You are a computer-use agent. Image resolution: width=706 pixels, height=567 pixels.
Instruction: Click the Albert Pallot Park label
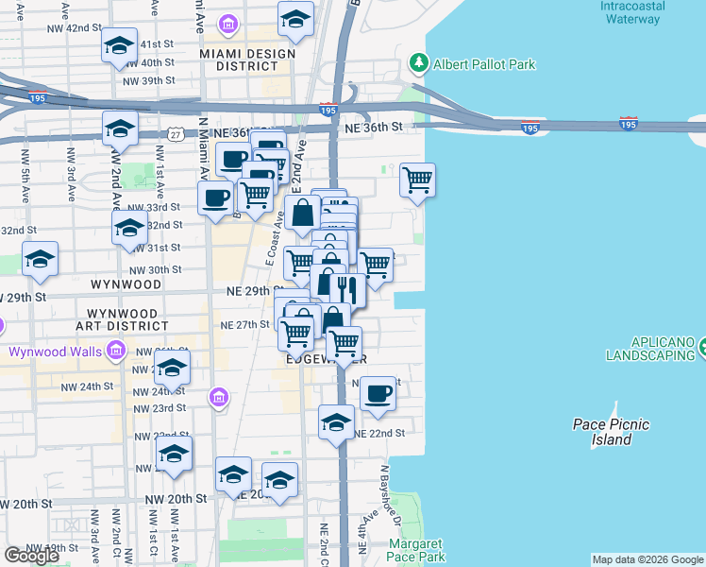(484, 65)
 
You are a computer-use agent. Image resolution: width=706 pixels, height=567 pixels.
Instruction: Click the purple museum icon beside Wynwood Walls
(116, 352)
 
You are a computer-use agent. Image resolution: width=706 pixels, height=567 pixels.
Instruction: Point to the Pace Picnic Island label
(612, 432)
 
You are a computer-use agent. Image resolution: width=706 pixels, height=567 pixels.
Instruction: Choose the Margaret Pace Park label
(415, 550)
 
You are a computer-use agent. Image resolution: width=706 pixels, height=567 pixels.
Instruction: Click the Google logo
(31, 556)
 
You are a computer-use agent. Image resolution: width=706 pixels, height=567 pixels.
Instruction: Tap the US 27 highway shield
(176, 135)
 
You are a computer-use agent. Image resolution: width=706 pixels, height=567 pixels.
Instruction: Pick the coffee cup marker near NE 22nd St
(378, 393)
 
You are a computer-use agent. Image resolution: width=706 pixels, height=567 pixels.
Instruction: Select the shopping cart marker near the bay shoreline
(417, 178)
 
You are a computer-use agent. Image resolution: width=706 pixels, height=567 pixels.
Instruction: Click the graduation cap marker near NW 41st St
(120, 45)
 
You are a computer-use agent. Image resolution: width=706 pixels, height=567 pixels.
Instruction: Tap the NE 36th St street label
(374, 127)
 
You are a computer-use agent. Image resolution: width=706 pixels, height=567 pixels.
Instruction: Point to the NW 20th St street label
(176, 498)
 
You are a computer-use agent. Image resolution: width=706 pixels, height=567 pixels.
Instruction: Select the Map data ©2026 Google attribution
(647, 559)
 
